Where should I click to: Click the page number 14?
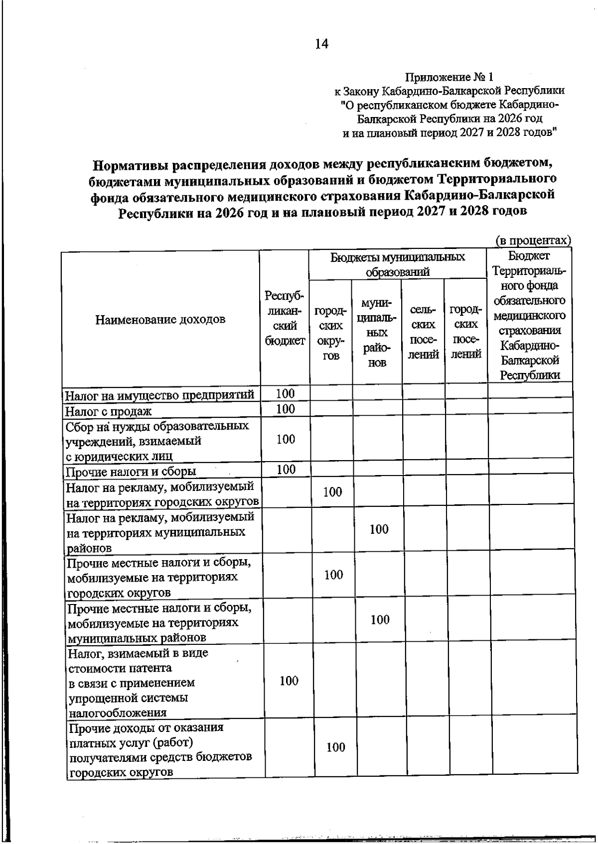click(321, 44)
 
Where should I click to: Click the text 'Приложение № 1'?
click(449, 77)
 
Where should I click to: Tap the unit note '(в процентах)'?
click(533, 241)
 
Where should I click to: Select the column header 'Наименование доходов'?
click(160, 319)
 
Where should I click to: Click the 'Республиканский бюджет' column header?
click(285, 318)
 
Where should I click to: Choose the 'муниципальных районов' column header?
click(377, 333)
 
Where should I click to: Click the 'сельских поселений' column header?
click(423, 332)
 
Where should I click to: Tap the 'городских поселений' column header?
click(465, 332)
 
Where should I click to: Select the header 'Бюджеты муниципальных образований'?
click(397, 264)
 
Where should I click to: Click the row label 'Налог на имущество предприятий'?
click(160, 395)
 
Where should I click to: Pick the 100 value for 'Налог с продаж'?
click(286, 409)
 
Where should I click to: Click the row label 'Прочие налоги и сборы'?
click(131, 471)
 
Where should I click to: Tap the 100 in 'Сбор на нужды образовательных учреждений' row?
click(286, 439)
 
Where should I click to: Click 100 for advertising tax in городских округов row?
click(332, 492)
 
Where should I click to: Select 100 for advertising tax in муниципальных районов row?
click(379, 529)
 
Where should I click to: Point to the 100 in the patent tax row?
click(289, 681)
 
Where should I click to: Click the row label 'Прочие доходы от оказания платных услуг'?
click(160, 750)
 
